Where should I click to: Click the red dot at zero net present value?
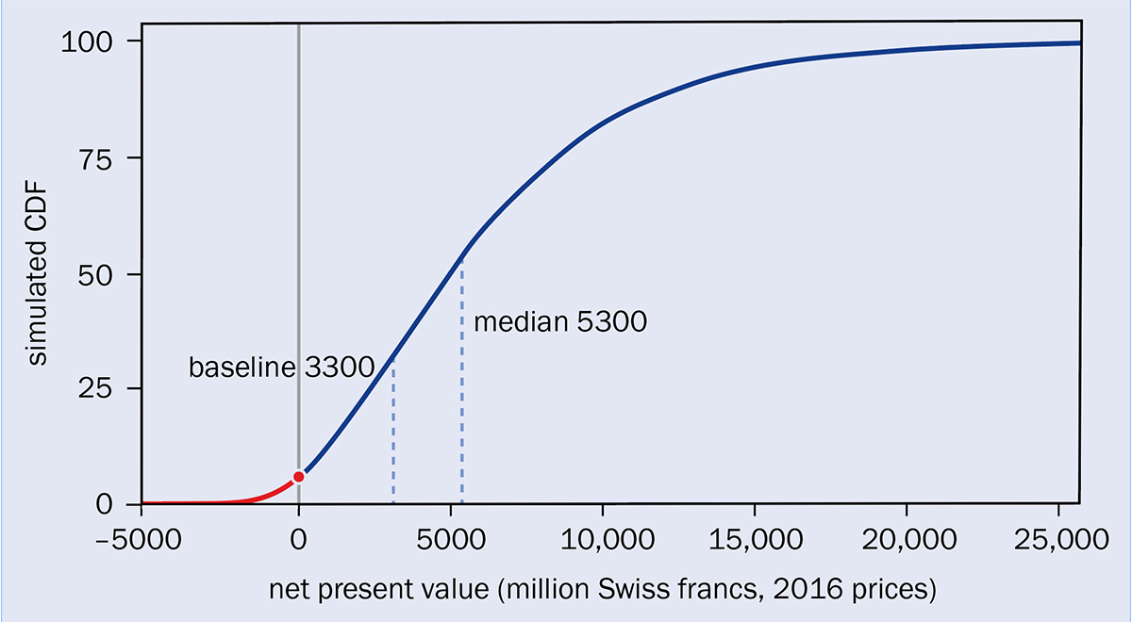pyautogui.click(x=299, y=477)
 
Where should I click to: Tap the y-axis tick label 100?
pyautogui.click(x=87, y=41)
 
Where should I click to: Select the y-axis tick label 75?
pyautogui.click(x=95, y=161)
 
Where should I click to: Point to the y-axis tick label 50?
pyautogui.click(x=95, y=276)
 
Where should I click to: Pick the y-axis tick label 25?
pyautogui.click(x=95, y=389)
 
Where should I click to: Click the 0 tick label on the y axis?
pyautogui.click(x=104, y=504)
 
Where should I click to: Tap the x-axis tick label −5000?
pyautogui.click(x=139, y=539)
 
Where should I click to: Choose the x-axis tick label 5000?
pyautogui.click(x=451, y=539)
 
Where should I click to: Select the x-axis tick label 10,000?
pyautogui.click(x=608, y=539)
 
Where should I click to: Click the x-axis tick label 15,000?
pyautogui.click(x=756, y=539)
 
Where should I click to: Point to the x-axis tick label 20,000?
pyautogui.click(x=909, y=539)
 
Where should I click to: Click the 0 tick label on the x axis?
pyautogui.click(x=299, y=539)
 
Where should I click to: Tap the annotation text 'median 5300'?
pyautogui.click(x=560, y=321)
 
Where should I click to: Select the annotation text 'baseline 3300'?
pyautogui.click(x=281, y=367)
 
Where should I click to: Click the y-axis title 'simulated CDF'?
pyautogui.click(x=37, y=273)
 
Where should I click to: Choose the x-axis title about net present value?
pyautogui.click(x=603, y=590)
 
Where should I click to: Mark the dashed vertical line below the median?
pyautogui.click(x=462, y=382)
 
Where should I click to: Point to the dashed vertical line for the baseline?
pyautogui.click(x=393, y=432)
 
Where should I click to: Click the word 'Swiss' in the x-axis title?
pyautogui.click(x=627, y=589)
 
